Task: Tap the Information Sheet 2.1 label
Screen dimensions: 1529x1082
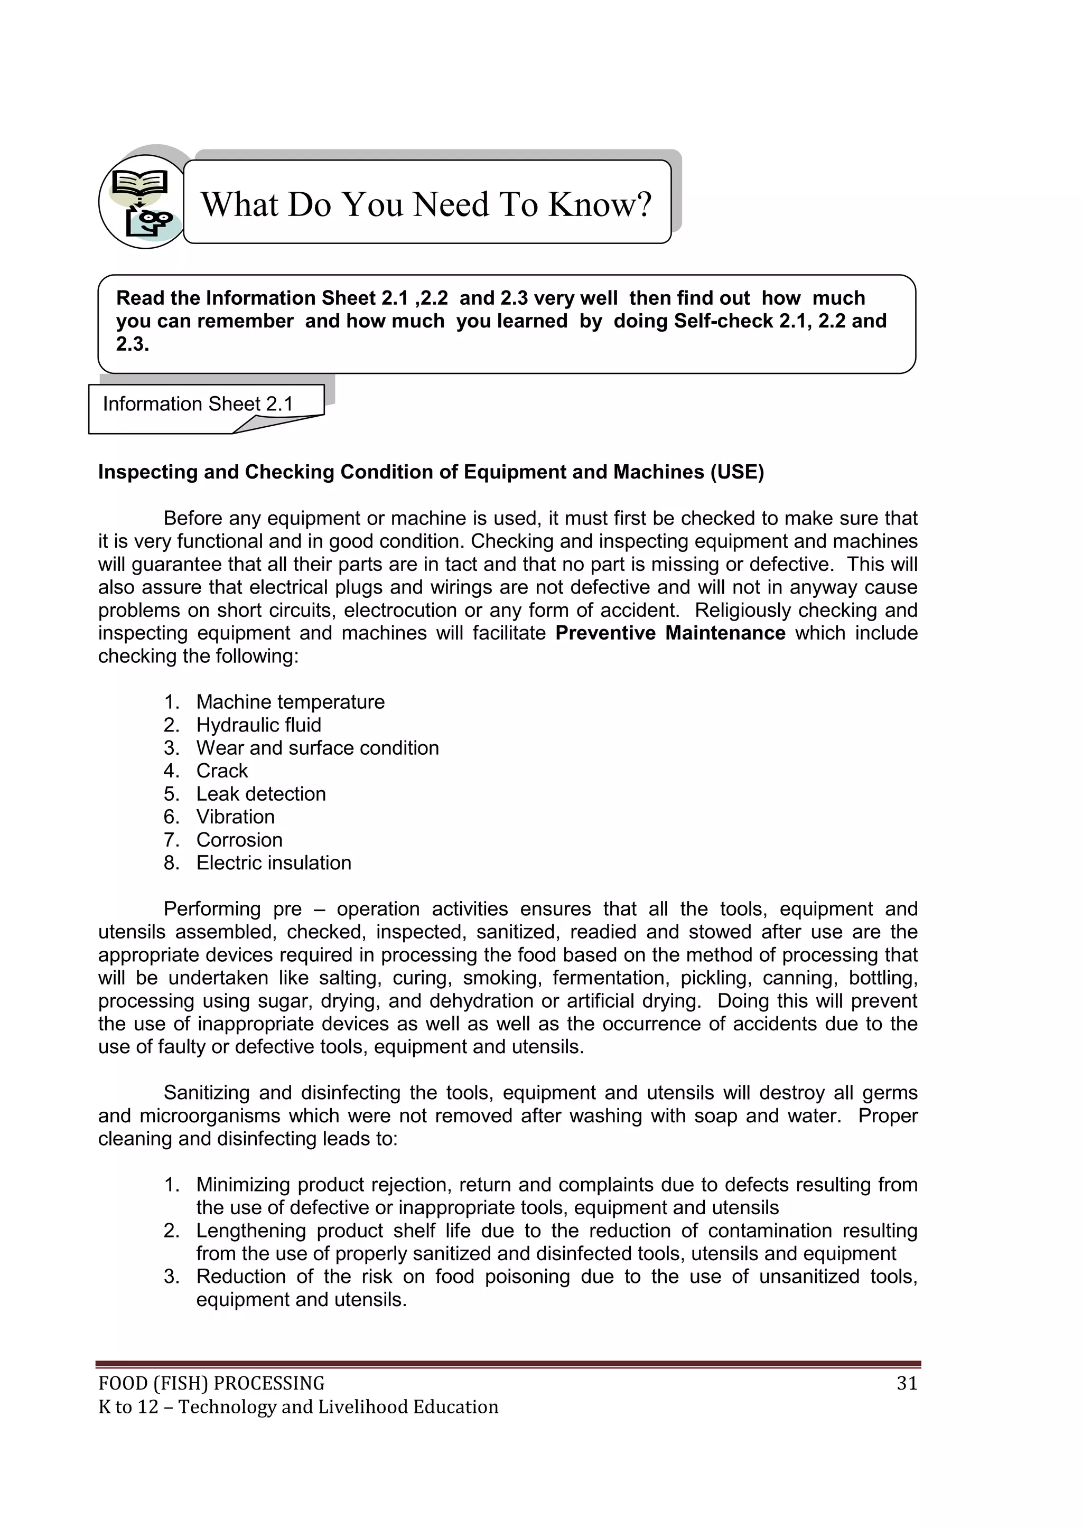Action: click(198, 404)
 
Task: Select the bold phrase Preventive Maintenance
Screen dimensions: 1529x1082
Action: click(670, 633)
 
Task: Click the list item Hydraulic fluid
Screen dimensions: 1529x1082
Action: click(258, 725)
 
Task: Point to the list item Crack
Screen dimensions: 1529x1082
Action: click(222, 771)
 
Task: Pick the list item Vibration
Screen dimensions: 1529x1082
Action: click(235, 817)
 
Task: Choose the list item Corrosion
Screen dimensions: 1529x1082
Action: click(239, 840)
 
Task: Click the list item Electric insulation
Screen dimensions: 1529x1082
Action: click(273, 862)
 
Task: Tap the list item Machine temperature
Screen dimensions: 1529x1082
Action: click(291, 702)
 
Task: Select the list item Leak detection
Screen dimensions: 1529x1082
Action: click(260, 794)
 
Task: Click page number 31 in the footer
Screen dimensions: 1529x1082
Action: click(907, 1383)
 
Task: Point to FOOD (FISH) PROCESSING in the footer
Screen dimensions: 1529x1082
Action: click(211, 1383)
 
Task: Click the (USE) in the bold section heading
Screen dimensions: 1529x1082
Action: click(737, 472)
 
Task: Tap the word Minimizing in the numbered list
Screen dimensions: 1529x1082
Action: click(242, 1185)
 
